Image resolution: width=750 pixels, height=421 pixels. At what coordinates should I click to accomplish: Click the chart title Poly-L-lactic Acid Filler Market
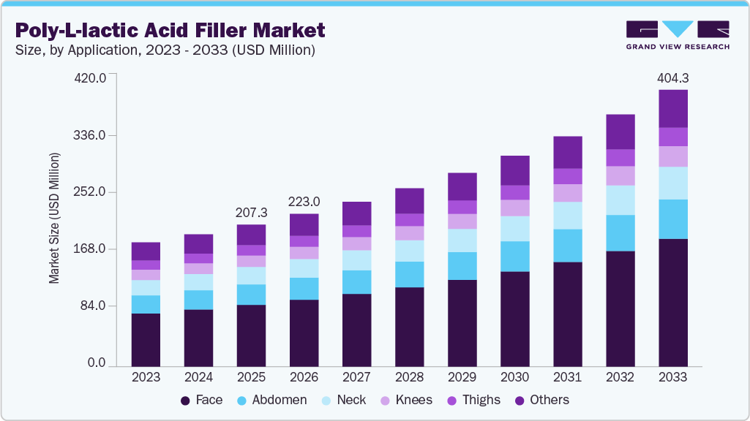(170, 31)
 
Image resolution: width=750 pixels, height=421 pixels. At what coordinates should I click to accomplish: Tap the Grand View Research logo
(677, 35)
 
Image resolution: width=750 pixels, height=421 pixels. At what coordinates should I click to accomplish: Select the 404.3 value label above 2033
(672, 77)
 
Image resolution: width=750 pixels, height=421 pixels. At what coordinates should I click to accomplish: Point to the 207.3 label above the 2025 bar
(251, 212)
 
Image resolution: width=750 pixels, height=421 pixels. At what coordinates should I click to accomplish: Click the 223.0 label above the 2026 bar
(304, 202)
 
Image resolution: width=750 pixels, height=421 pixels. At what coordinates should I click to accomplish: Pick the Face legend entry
(201, 400)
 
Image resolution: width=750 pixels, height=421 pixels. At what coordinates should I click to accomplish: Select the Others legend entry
(541, 400)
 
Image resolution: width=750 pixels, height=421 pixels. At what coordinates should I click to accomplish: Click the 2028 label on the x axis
(409, 378)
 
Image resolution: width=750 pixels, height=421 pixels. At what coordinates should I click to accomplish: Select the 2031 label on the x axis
(567, 378)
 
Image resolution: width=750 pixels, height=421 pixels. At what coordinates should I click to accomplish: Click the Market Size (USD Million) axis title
(54, 218)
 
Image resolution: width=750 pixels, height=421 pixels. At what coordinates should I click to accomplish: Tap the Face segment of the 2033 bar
(672, 302)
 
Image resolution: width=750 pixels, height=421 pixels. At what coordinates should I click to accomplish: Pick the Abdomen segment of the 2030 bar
(514, 256)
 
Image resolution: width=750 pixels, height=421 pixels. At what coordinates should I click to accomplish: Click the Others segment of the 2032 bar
(620, 132)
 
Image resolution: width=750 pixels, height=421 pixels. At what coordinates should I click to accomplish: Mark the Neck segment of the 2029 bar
(462, 240)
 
